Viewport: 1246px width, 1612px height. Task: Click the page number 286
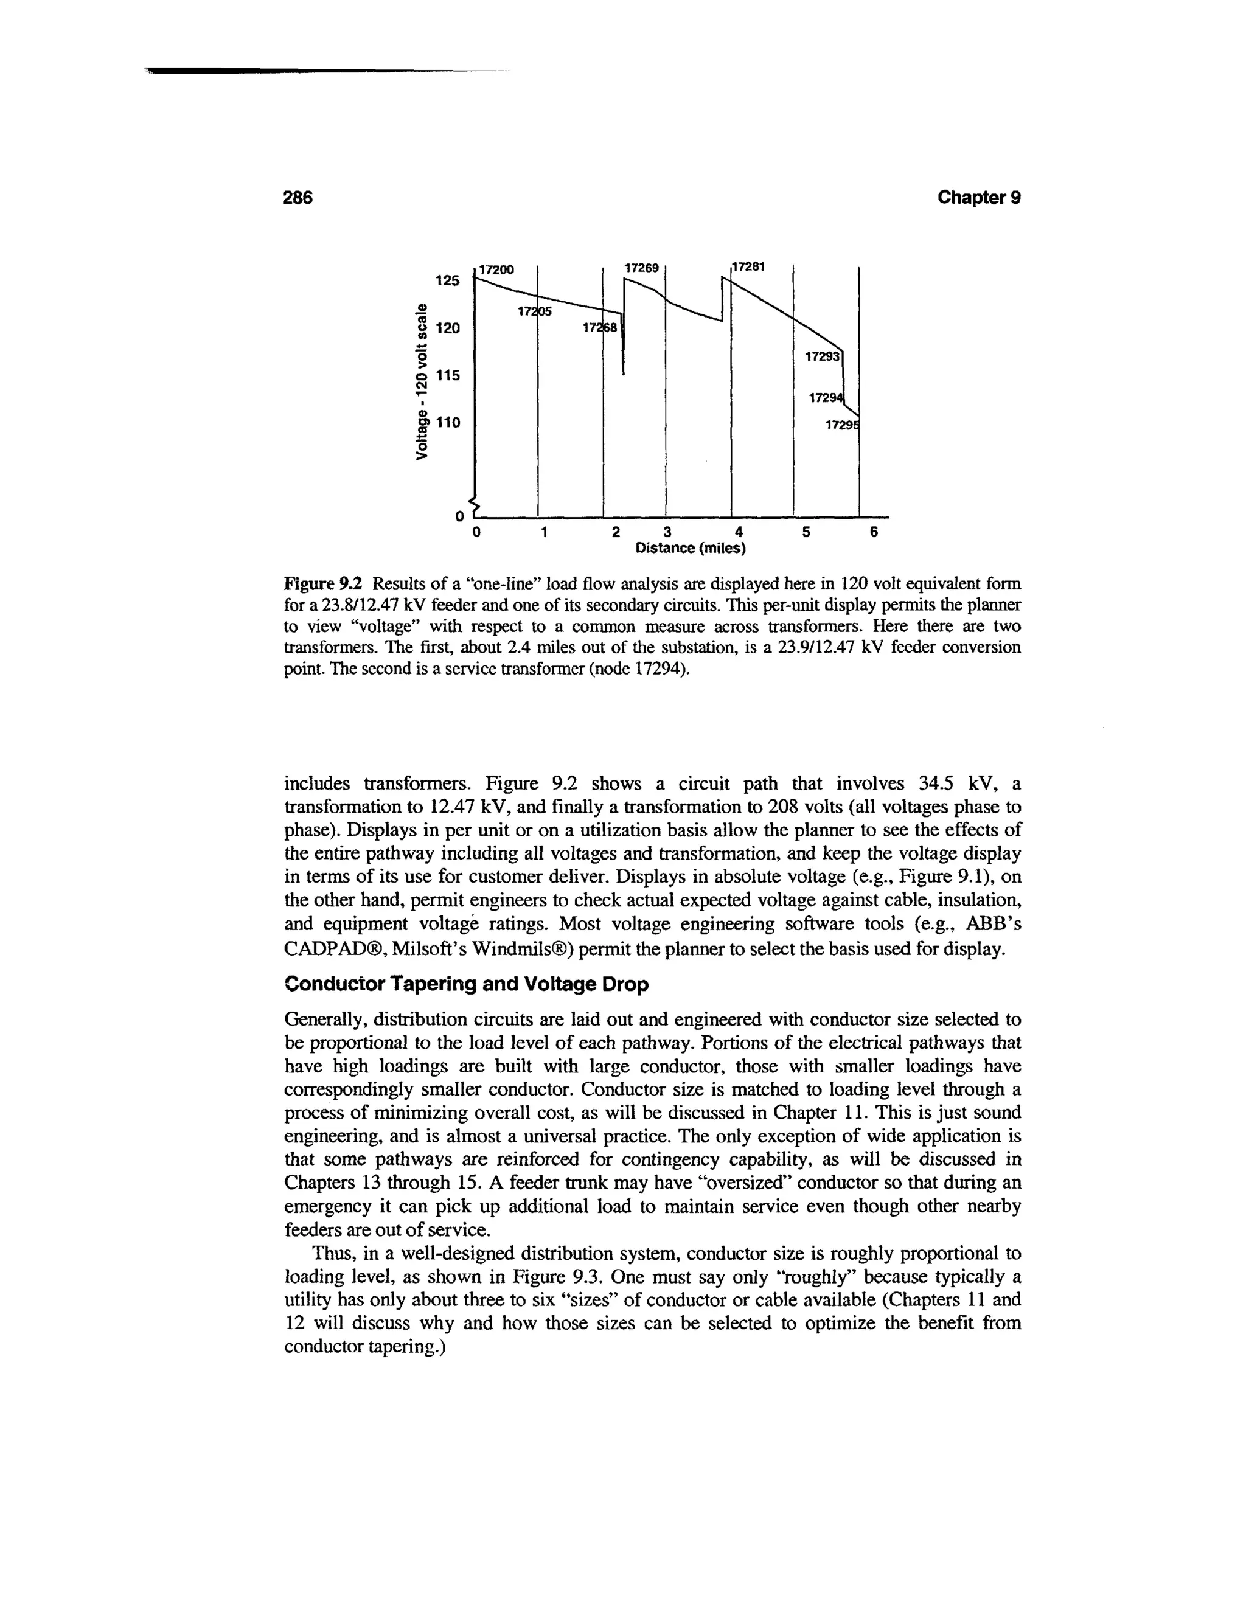[x=299, y=198]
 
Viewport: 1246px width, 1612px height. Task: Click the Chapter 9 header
[x=979, y=198]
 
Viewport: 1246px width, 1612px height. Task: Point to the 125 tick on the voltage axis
[x=447, y=280]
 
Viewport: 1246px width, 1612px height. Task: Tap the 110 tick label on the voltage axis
[x=447, y=422]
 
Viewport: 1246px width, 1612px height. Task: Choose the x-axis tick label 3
[x=667, y=532]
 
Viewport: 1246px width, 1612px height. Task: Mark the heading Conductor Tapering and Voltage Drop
[x=467, y=985]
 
